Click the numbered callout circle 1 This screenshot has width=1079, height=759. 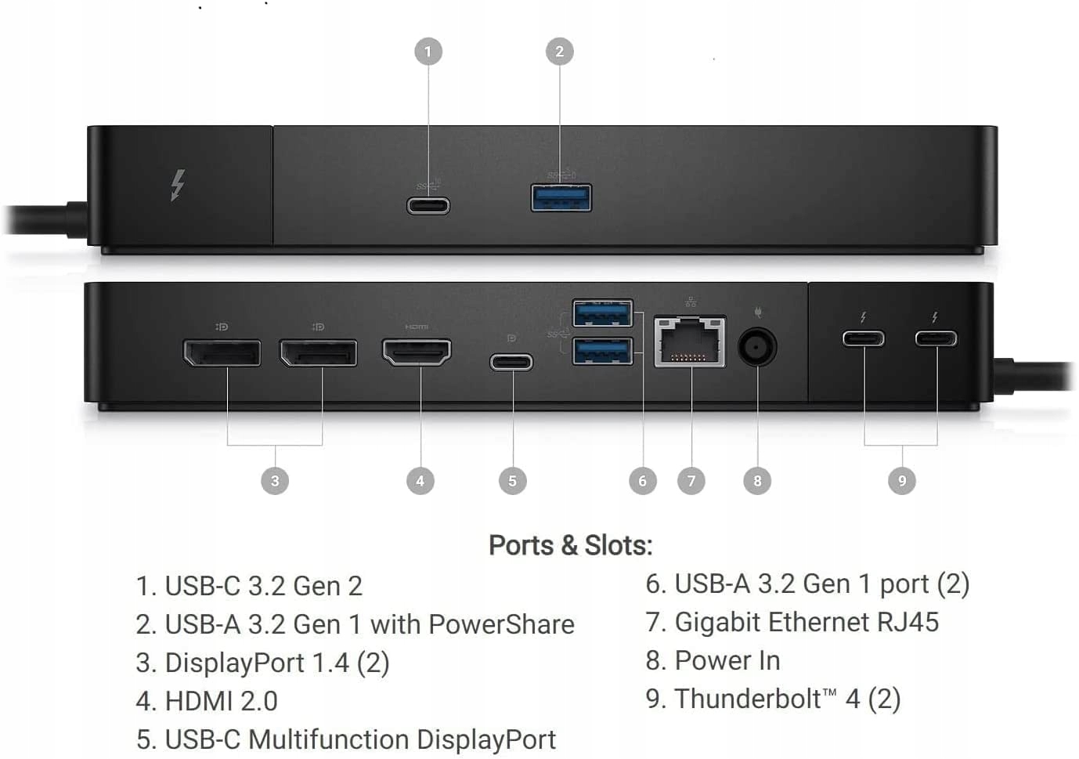[x=428, y=52]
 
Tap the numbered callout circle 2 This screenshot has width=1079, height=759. [x=559, y=52]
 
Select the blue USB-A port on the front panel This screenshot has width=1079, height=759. [x=561, y=197]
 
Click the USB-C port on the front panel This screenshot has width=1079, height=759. [x=428, y=206]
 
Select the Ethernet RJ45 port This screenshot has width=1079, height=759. [x=690, y=342]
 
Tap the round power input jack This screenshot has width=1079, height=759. [x=757, y=345]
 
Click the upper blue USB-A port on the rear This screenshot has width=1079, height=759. [x=602, y=313]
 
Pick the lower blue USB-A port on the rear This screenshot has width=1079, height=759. [x=602, y=351]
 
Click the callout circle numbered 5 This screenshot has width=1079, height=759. [x=512, y=480]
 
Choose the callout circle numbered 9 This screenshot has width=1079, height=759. [x=902, y=480]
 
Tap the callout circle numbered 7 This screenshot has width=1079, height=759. [x=691, y=480]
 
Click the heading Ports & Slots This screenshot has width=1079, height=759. [x=570, y=545]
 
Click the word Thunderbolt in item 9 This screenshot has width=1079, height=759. [x=748, y=699]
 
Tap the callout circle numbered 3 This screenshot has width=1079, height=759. [x=275, y=480]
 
